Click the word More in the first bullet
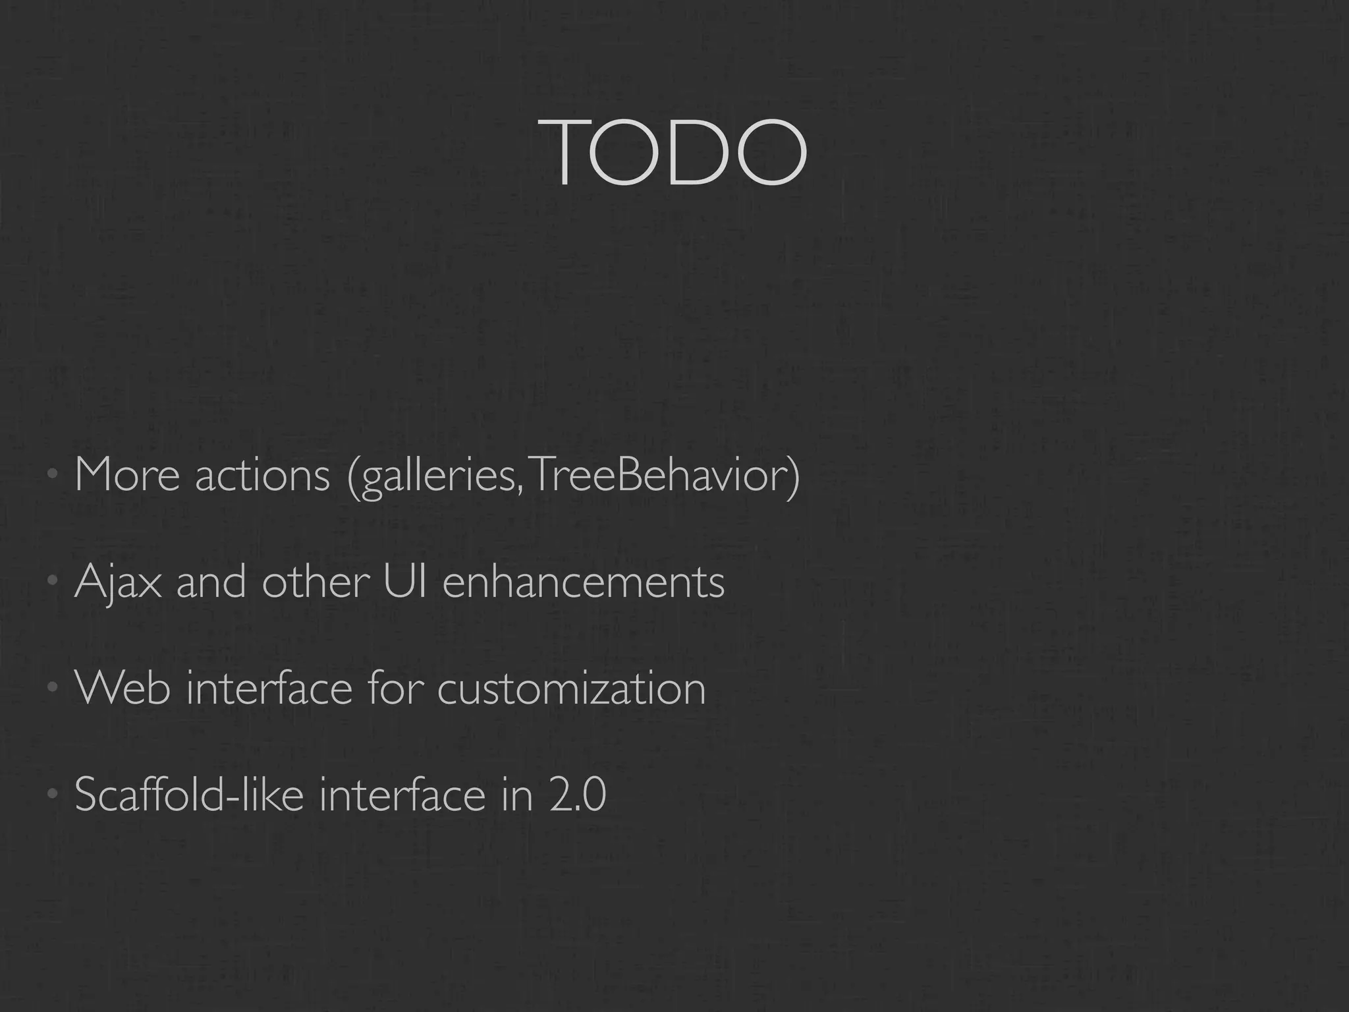click(127, 474)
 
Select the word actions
click(262, 475)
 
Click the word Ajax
click(118, 582)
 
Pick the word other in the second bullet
click(315, 582)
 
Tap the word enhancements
click(584, 582)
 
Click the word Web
click(123, 688)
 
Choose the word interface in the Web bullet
click(269, 688)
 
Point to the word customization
click(571, 689)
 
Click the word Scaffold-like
click(189, 794)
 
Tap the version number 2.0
click(576, 795)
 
